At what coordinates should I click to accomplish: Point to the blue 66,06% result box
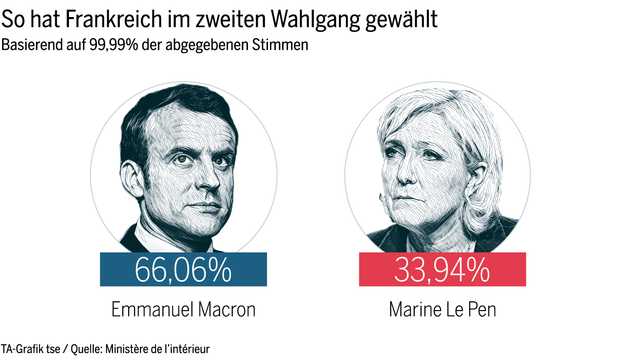point(183,269)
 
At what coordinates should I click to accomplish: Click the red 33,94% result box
point(442,269)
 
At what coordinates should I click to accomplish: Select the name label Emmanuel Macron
point(183,310)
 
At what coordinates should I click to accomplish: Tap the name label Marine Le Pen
point(442,310)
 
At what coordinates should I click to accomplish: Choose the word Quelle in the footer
point(84,349)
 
